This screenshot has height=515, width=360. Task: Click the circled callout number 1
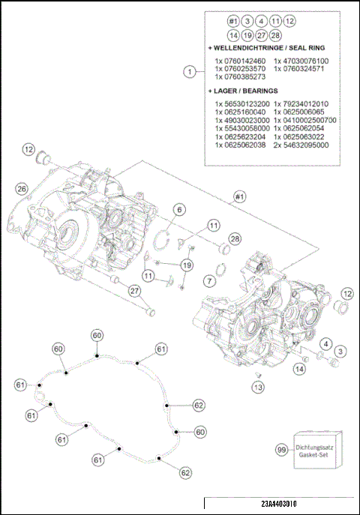pyautogui.click(x=190, y=72)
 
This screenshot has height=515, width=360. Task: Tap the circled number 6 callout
pyautogui.click(x=180, y=210)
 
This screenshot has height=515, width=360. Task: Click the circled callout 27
pyautogui.click(x=134, y=291)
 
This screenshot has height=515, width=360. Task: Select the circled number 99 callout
pyautogui.click(x=281, y=450)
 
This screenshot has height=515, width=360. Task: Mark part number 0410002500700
pyautogui.click(x=307, y=119)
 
